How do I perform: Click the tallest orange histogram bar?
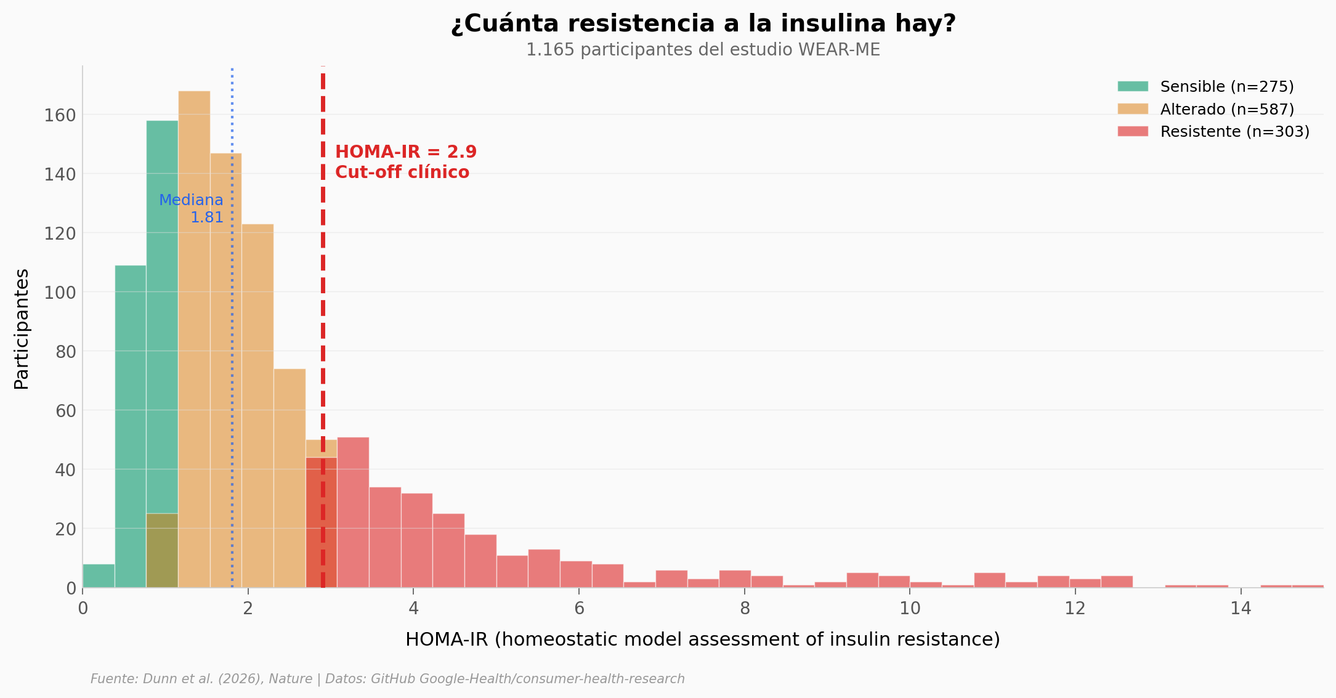(x=194, y=339)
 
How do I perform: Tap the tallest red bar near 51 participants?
(x=353, y=511)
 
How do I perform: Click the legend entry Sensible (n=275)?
(x=1226, y=87)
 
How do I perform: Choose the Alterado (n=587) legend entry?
(x=1226, y=110)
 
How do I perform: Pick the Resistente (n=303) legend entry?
(x=1234, y=132)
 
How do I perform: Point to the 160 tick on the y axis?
(x=60, y=115)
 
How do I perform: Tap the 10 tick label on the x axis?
(x=909, y=609)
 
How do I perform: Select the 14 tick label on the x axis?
(x=1241, y=609)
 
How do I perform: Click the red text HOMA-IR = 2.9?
(x=406, y=152)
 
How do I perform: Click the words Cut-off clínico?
(x=402, y=172)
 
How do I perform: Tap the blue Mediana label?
(x=191, y=200)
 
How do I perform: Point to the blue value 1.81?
(x=206, y=217)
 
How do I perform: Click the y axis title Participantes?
(x=22, y=329)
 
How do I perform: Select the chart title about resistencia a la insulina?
(x=703, y=24)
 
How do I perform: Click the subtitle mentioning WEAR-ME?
(x=703, y=50)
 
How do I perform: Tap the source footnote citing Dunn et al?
(x=387, y=679)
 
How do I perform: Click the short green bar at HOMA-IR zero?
(x=99, y=576)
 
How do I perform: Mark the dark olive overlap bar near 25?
(x=162, y=550)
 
